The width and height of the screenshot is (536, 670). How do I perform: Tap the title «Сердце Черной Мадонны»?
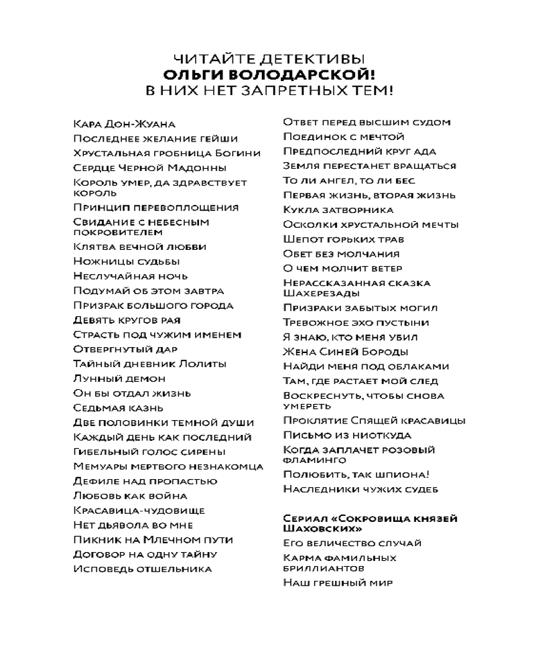tap(149, 167)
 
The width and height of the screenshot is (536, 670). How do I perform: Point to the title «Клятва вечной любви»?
tap(140, 247)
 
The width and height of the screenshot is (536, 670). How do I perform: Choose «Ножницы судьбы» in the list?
tap(127, 261)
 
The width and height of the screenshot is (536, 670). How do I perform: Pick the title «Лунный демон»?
tap(119, 379)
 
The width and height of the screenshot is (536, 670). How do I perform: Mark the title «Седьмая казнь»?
tap(118, 408)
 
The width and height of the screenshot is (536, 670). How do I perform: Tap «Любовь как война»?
tap(130, 496)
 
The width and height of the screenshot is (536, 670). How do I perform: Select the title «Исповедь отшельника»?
tap(143, 569)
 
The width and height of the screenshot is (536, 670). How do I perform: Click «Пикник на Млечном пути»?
tap(153, 539)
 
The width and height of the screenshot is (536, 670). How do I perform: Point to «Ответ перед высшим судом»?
tap(366, 122)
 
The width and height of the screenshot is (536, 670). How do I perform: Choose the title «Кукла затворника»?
tap(338, 210)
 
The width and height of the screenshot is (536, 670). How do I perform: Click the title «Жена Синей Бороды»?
tap(346, 352)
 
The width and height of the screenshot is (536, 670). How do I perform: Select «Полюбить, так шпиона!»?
tap(356, 474)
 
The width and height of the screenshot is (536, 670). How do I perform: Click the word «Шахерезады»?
tap(321, 293)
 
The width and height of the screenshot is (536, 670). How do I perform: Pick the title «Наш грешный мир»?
tap(338, 583)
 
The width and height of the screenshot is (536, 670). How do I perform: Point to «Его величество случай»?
tap(352, 543)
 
